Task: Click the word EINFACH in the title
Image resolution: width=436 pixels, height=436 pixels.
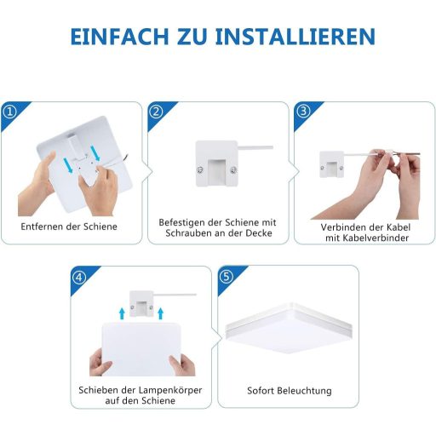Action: [x=119, y=37]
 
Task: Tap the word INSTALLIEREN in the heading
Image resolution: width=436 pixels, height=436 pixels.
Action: [x=295, y=37]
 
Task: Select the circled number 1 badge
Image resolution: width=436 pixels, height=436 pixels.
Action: [x=10, y=112]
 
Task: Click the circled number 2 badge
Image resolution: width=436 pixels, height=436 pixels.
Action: [x=156, y=112]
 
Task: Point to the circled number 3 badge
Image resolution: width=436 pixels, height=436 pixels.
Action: [x=303, y=112]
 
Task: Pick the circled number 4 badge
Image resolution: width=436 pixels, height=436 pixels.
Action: [x=79, y=277]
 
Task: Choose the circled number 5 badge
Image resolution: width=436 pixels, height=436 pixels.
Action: [x=227, y=276]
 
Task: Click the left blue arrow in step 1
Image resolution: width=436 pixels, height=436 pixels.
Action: [x=68, y=166]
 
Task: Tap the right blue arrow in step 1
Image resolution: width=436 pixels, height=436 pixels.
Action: [x=95, y=153]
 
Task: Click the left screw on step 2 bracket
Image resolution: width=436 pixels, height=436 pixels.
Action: [x=200, y=170]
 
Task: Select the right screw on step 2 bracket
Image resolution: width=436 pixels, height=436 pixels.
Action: [x=233, y=170]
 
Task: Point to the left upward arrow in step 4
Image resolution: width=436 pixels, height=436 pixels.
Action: [x=122, y=313]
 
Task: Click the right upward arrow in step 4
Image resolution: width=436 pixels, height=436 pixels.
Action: [x=160, y=313]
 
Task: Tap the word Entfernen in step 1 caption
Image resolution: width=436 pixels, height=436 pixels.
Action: [x=42, y=227]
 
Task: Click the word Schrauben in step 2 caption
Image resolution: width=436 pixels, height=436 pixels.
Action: [x=186, y=233]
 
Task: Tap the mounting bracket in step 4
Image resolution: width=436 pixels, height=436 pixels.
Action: [x=141, y=303]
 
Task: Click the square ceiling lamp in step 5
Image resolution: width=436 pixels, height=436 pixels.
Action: [x=289, y=329]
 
